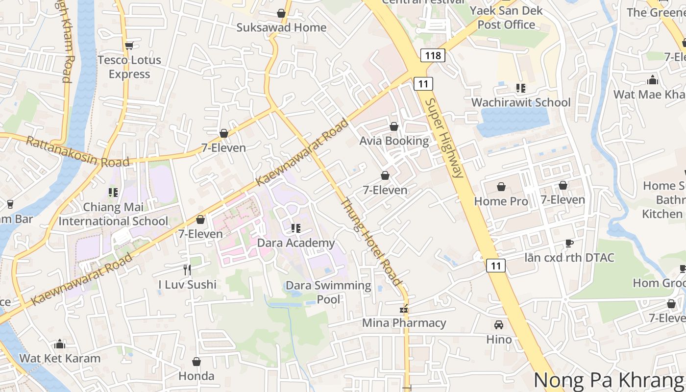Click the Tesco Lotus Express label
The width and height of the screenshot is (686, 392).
point(129,67)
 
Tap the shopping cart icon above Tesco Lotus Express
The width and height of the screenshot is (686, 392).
point(129,46)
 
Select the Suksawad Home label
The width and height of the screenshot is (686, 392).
point(281,27)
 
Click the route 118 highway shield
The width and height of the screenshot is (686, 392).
point(433,55)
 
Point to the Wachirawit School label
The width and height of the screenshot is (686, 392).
point(520,102)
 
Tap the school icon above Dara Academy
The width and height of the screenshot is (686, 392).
point(295,228)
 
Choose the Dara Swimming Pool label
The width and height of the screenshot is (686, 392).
point(328,292)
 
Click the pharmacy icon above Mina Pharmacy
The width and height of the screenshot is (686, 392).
point(404,309)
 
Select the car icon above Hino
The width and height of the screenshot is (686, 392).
point(499,325)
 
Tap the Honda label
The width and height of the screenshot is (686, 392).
point(196,376)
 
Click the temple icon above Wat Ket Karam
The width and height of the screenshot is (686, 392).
point(60,344)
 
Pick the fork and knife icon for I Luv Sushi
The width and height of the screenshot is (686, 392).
point(187,269)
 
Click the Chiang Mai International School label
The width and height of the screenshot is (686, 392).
point(113,214)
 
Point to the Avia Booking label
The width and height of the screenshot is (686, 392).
point(394,141)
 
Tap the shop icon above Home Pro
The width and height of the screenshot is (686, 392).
point(501,187)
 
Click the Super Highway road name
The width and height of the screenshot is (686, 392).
point(444,138)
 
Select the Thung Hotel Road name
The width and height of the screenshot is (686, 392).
point(371,242)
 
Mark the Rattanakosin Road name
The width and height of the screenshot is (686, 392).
point(77,152)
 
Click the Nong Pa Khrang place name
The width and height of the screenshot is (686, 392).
point(609,380)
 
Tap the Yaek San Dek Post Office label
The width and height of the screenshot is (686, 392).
point(506,18)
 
